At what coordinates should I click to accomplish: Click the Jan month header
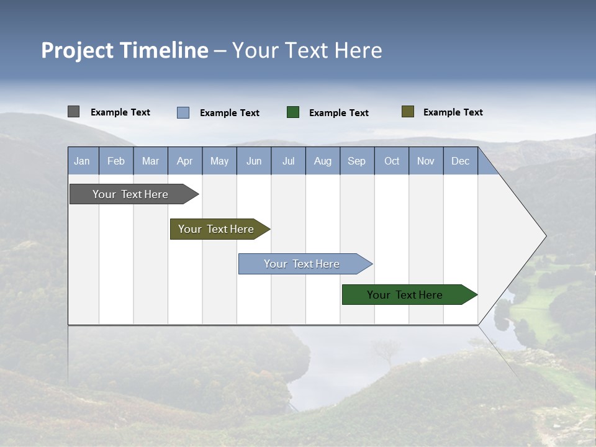coord(82,161)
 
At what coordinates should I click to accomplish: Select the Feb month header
coord(116,161)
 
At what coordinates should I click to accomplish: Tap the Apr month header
coord(185,161)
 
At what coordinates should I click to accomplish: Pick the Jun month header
coord(254,161)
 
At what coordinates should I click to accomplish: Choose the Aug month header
coord(323,161)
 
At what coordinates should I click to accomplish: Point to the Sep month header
coord(357,161)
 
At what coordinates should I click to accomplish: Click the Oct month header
coord(392,161)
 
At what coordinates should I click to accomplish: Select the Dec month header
coord(461,161)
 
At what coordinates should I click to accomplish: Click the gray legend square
coord(73,112)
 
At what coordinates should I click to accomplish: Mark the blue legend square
coord(183,112)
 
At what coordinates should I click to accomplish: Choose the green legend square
coord(293,112)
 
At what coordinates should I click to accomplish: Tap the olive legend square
coord(407,112)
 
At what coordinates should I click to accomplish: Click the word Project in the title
coord(78,50)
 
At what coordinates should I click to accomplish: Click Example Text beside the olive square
coord(453,112)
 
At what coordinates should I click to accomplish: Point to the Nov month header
coord(426,161)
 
